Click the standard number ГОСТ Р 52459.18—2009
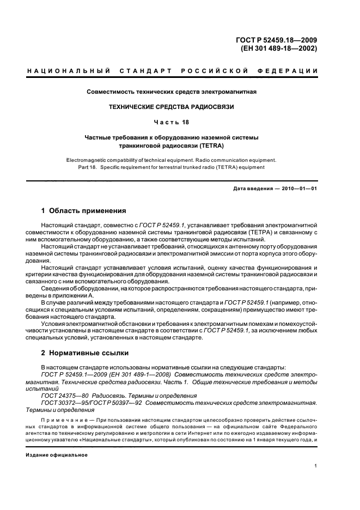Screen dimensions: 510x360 pos(278,39)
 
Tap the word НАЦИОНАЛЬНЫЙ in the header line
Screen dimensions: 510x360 pos(68,71)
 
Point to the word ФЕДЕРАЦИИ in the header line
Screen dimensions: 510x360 pos(291,71)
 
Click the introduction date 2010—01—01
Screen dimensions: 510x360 pos(299,189)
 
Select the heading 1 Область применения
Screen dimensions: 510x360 pos(84,210)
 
